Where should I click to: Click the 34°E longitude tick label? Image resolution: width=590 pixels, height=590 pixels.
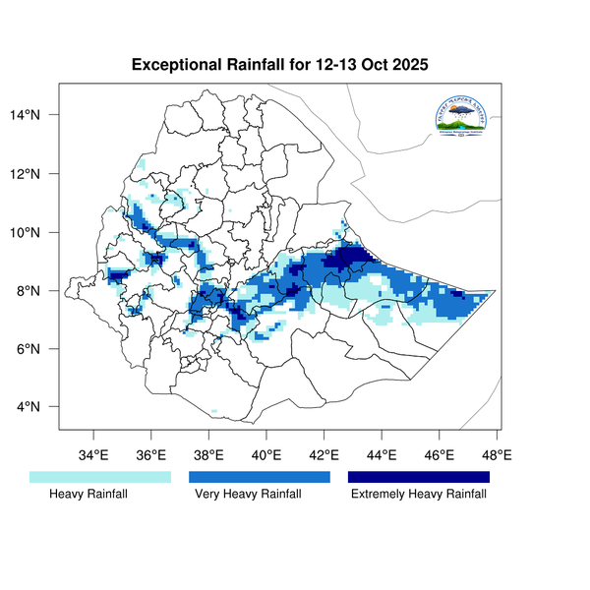93,455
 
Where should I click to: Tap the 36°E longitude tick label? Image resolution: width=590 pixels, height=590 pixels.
150,455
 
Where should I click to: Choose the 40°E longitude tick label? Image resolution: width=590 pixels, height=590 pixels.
266,455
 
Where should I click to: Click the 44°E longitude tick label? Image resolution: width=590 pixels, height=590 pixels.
382,455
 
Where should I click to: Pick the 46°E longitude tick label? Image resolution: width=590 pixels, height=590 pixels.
440,455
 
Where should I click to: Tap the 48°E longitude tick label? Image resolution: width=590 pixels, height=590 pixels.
497,455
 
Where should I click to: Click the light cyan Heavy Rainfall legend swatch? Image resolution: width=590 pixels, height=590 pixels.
100,477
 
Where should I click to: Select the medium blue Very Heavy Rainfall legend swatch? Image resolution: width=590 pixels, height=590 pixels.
260,477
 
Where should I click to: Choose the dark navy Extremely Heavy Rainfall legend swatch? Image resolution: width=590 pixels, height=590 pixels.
419,477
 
